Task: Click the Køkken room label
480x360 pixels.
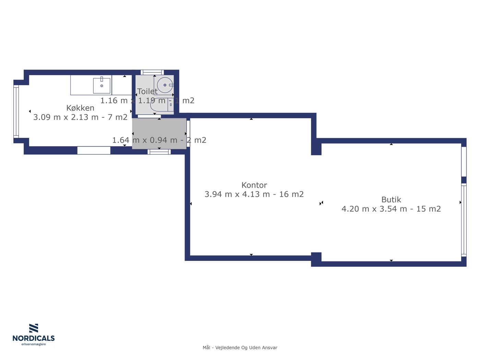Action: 80,108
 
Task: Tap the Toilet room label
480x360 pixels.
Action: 147,91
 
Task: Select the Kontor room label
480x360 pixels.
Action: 254,185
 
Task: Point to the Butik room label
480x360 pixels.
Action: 391,200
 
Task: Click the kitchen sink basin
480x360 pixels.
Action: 102,86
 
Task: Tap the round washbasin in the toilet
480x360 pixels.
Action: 165,85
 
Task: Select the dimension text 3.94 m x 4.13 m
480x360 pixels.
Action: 237,194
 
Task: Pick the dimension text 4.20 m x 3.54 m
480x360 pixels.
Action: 374,209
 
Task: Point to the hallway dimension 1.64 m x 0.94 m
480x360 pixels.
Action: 145,140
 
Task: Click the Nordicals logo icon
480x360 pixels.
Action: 34,328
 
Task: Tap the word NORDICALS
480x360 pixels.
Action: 34,338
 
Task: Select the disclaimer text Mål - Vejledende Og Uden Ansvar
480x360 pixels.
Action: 240,348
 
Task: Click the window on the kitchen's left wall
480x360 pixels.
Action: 16,111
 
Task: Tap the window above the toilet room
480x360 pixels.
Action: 152,72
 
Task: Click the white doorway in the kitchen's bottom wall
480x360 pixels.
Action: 94,151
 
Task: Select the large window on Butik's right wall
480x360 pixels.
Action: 464,220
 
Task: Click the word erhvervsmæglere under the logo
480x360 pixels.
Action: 34,345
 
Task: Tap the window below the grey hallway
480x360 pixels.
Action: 159,152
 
